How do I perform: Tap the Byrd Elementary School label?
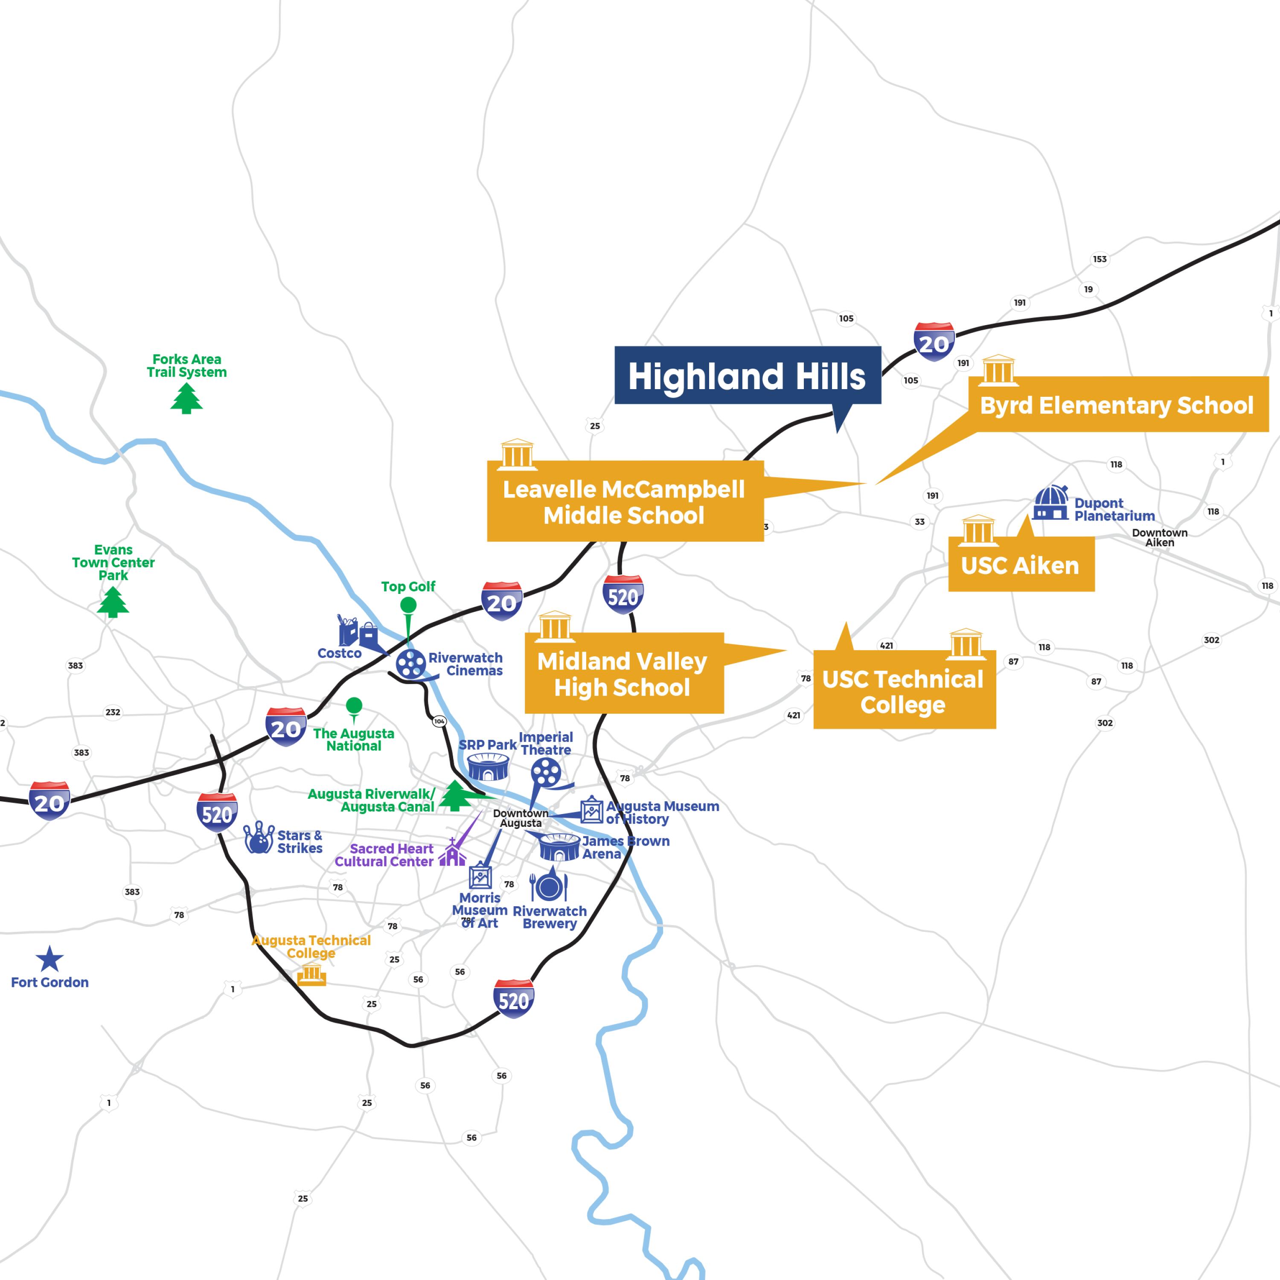tap(1117, 405)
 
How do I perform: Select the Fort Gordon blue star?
tap(49, 959)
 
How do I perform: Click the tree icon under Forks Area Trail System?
tap(186, 398)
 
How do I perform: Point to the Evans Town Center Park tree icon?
tap(113, 602)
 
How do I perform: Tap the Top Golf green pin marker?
tap(408, 605)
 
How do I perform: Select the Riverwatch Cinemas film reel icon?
tap(411, 663)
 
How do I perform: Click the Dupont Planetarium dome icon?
tap(1051, 503)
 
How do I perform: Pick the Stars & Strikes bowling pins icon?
tap(259, 838)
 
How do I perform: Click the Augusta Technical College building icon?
tap(311, 975)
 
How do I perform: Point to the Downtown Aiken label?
tap(1159, 537)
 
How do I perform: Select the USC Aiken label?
tap(1020, 565)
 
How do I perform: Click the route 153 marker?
tap(1100, 259)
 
